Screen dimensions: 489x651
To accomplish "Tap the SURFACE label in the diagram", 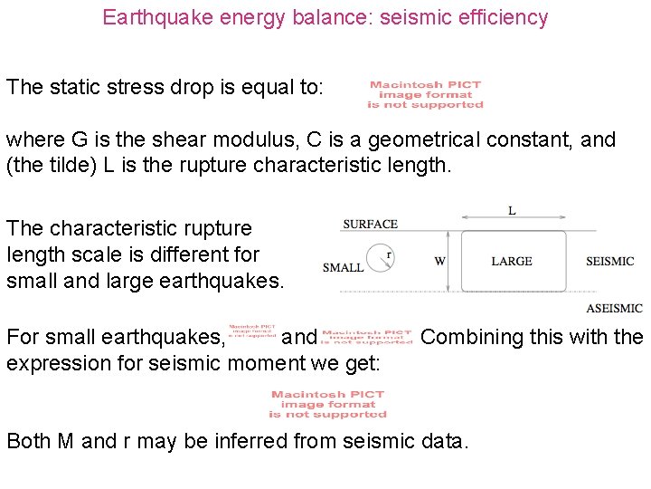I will tap(370, 224).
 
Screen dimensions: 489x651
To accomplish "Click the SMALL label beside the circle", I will tap(344, 267).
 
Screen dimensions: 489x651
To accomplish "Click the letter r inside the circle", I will tap(388, 255).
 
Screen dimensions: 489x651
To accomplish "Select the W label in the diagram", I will tap(439, 262).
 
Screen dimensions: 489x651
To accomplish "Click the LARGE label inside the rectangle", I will tap(512, 262).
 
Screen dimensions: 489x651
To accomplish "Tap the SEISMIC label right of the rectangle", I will tap(609, 262).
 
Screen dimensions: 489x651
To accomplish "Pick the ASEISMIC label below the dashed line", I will tap(613, 308).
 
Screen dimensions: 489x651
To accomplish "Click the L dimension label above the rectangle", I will tap(512, 211).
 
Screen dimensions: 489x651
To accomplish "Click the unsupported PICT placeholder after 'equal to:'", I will tap(425, 95).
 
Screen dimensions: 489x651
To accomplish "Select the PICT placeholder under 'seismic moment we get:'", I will tap(327, 404).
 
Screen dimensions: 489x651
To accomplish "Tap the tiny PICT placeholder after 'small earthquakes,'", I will tap(251, 336).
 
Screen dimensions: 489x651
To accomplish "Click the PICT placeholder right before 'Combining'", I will tap(366, 337).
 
